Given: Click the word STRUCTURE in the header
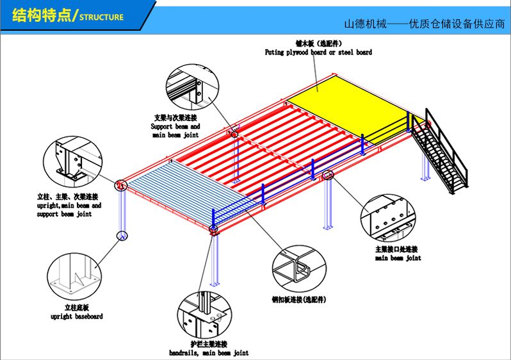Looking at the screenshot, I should [x=101, y=17].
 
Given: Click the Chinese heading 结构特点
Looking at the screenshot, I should [x=40, y=16].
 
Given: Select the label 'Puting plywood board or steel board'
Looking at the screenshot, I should [x=318, y=53].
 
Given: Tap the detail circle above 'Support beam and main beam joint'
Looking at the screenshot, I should [x=190, y=85].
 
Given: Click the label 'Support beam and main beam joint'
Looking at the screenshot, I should [x=175, y=131].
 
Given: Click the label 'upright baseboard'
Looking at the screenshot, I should [x=76, y=316].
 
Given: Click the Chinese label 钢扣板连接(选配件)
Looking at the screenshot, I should [x=299, y=299].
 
